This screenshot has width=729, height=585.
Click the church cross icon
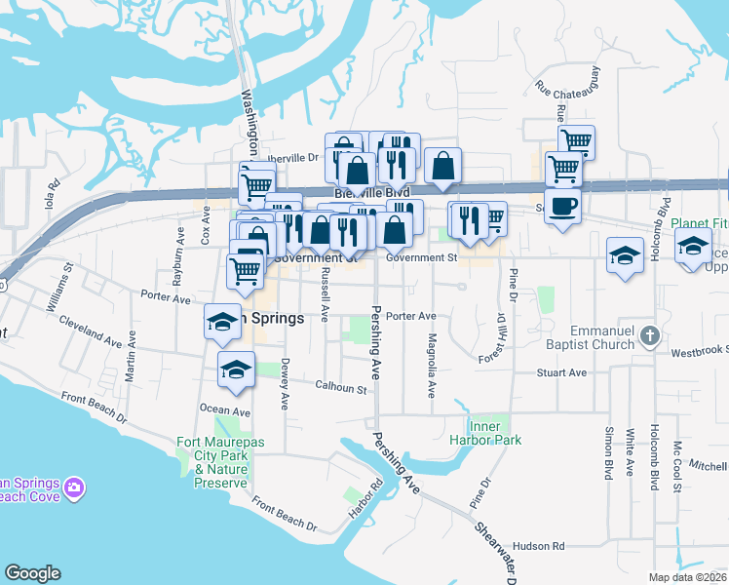[x=652, y=337]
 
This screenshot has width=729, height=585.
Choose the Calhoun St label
[x=340, y=388]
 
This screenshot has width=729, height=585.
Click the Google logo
[x=32, y=573]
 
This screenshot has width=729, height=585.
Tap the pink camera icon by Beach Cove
[x=75, y=486]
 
